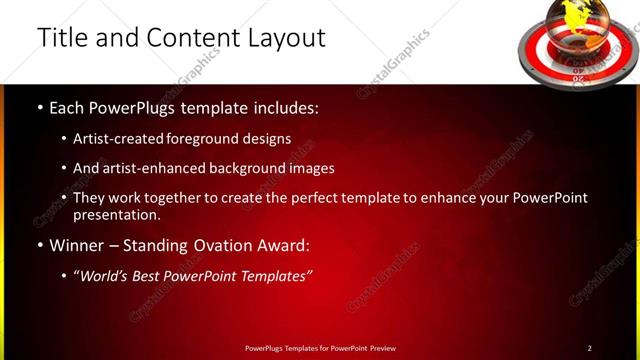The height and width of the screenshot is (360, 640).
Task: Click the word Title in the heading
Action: click(x=61, y=38)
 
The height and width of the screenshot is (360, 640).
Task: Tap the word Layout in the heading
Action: click(x=283, y=38)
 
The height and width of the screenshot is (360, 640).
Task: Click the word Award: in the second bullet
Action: click(x=282, y=245)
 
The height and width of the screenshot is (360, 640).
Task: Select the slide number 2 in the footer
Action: click(x=589, y=348)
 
